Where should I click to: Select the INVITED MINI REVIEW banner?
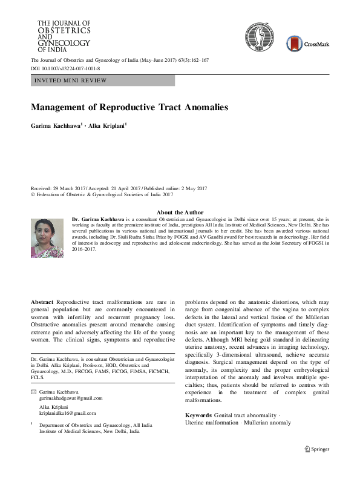click(102, 81)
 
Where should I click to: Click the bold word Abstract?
click(42, 302)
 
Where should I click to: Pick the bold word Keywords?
click(198, 415)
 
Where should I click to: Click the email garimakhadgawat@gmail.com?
click(70, 398)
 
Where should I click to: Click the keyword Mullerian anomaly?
click(263, 422)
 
